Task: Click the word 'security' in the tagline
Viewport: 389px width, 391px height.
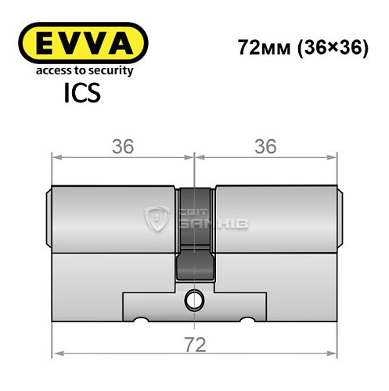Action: pyautogui.click(x=109, y=71)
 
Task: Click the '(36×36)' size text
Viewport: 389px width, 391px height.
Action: pyautogui.click(x=332, y=48)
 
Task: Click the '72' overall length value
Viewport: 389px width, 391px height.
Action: pyautogui.click(x=194, y=345)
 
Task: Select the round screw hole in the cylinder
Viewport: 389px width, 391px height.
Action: pyautogui.click(x=194, y=298)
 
